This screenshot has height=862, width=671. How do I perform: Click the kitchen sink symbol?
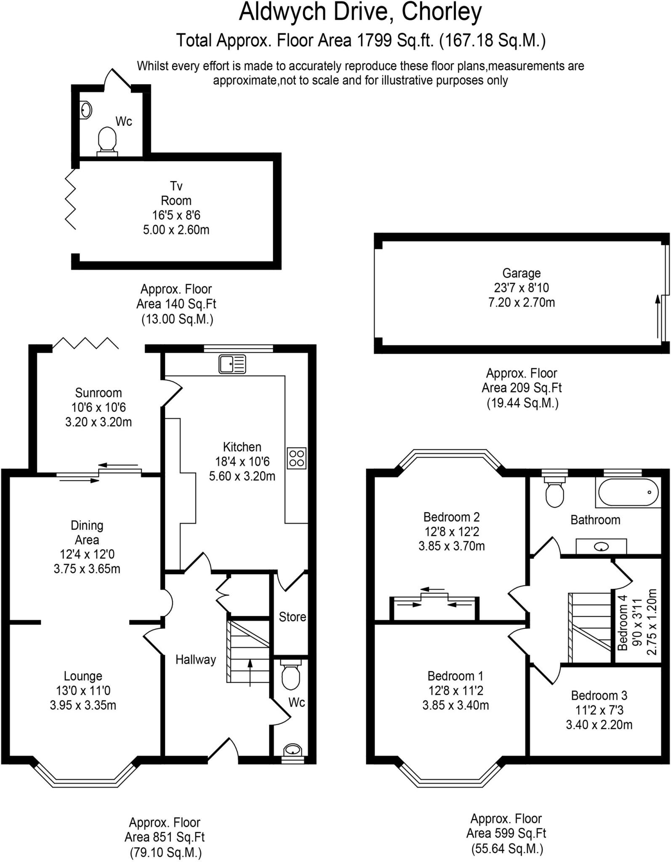[x=232, y=364]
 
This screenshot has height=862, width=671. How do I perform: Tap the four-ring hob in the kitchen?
[x=296, y=458]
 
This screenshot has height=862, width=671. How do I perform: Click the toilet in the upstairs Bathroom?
[x=554, y=494]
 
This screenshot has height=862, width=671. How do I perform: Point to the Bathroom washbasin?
[x=601, y=547]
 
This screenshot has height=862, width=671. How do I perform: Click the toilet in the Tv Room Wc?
[x=107, y=139]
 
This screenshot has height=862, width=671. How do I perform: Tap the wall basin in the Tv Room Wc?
[x=85, y=110]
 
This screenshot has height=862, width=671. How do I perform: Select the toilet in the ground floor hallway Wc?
[x=290, y=676]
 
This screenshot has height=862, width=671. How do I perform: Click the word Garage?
[x=521, y=273]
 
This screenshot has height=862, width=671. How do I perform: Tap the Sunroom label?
[x=99, y=393]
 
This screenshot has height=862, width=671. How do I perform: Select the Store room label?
[x=292, y=617]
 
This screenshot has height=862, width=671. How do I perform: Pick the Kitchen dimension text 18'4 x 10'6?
[x=242, y=461]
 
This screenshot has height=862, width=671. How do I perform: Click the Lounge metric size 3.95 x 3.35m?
[x=83, y=705]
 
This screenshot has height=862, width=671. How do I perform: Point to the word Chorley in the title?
[x=442, y=13]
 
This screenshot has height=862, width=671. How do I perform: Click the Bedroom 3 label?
[x=599, y=695]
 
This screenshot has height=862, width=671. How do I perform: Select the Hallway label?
[x=196, y=660]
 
